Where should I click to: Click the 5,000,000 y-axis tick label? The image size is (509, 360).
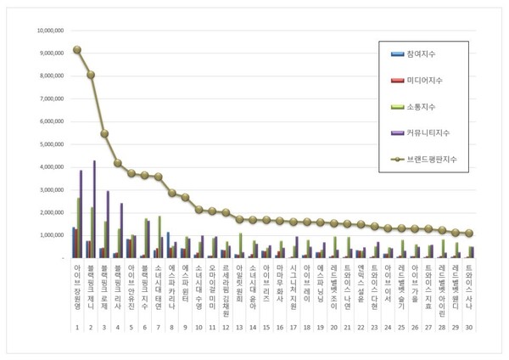[53, 143]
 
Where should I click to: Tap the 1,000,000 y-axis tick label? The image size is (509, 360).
[53, 234]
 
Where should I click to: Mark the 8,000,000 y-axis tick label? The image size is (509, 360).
[53, 76]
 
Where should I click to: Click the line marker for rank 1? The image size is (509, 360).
[76, 49]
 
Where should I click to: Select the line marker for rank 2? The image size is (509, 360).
[91, 75]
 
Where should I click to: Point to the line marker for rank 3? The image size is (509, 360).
[104, 133]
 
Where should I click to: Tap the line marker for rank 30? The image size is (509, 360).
[469, 233]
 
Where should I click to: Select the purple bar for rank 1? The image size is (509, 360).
[81, 213]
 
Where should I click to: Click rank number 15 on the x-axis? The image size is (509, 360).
[266, 327]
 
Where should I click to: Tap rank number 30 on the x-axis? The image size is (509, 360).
[469, 327]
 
